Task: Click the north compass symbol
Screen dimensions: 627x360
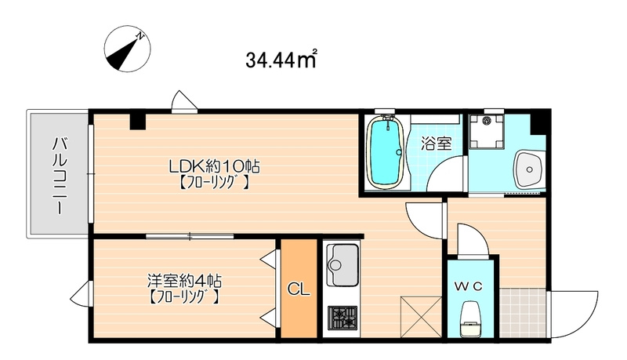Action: click(127, 49)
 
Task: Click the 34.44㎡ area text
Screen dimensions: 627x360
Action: click(281, 59)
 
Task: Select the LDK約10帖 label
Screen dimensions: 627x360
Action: click(214, 165)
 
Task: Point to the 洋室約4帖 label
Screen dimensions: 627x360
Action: click(184, 281)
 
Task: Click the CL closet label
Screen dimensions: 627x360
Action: click(299, 289)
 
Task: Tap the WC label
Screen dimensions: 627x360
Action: click(468, 286)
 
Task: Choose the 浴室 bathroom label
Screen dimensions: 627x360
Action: click(437, 144)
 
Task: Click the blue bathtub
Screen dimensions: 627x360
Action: click(384, 152)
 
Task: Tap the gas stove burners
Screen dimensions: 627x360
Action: click(342, 318)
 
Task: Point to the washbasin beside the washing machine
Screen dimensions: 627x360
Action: click(530, 169)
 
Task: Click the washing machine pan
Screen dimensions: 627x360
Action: click(486, 131)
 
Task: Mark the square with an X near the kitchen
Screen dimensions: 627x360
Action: click(421, 317)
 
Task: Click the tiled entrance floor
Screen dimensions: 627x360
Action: click(522, 313)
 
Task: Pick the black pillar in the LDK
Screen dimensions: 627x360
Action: click(138, 122)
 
